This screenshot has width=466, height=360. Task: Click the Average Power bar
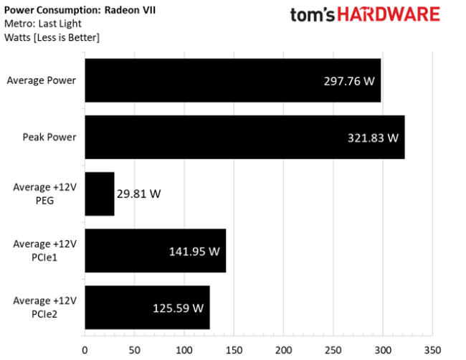233,80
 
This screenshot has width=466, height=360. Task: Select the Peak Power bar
244,137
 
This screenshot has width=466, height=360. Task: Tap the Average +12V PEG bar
100,194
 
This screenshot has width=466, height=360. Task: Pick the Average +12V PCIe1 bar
156,251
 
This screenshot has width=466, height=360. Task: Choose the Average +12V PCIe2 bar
147,308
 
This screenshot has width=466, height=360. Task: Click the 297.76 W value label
349,81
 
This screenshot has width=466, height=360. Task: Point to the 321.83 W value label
373,138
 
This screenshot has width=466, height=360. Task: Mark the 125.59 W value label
179,308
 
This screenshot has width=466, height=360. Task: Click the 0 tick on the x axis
85,351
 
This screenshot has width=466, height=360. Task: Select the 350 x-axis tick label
432,351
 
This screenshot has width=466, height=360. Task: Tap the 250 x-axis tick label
333,351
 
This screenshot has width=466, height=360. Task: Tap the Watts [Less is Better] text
52,37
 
